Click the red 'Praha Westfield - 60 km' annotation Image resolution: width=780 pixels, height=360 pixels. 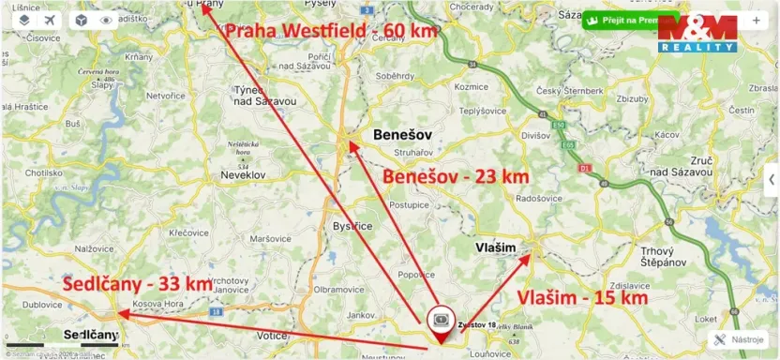(x=331, y=31)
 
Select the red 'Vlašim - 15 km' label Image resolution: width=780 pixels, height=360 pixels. (x=582, y=297)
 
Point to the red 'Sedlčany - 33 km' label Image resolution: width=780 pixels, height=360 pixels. (x=137, y=283)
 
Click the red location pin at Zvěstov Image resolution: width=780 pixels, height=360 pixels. (x=441, y=321)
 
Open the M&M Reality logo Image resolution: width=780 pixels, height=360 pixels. (x=697, y=33)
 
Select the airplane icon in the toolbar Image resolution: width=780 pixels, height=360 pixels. (x=50, y=20)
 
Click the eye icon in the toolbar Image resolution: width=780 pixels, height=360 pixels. (x=106, y=20)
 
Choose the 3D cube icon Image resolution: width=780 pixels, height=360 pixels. (x=82, y=20)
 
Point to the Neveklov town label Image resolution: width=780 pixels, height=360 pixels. (x=245, y=174)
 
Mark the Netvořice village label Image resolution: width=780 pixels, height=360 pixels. (x=165, y=96)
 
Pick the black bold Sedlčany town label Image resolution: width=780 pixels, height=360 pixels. (x=91, y=335)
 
